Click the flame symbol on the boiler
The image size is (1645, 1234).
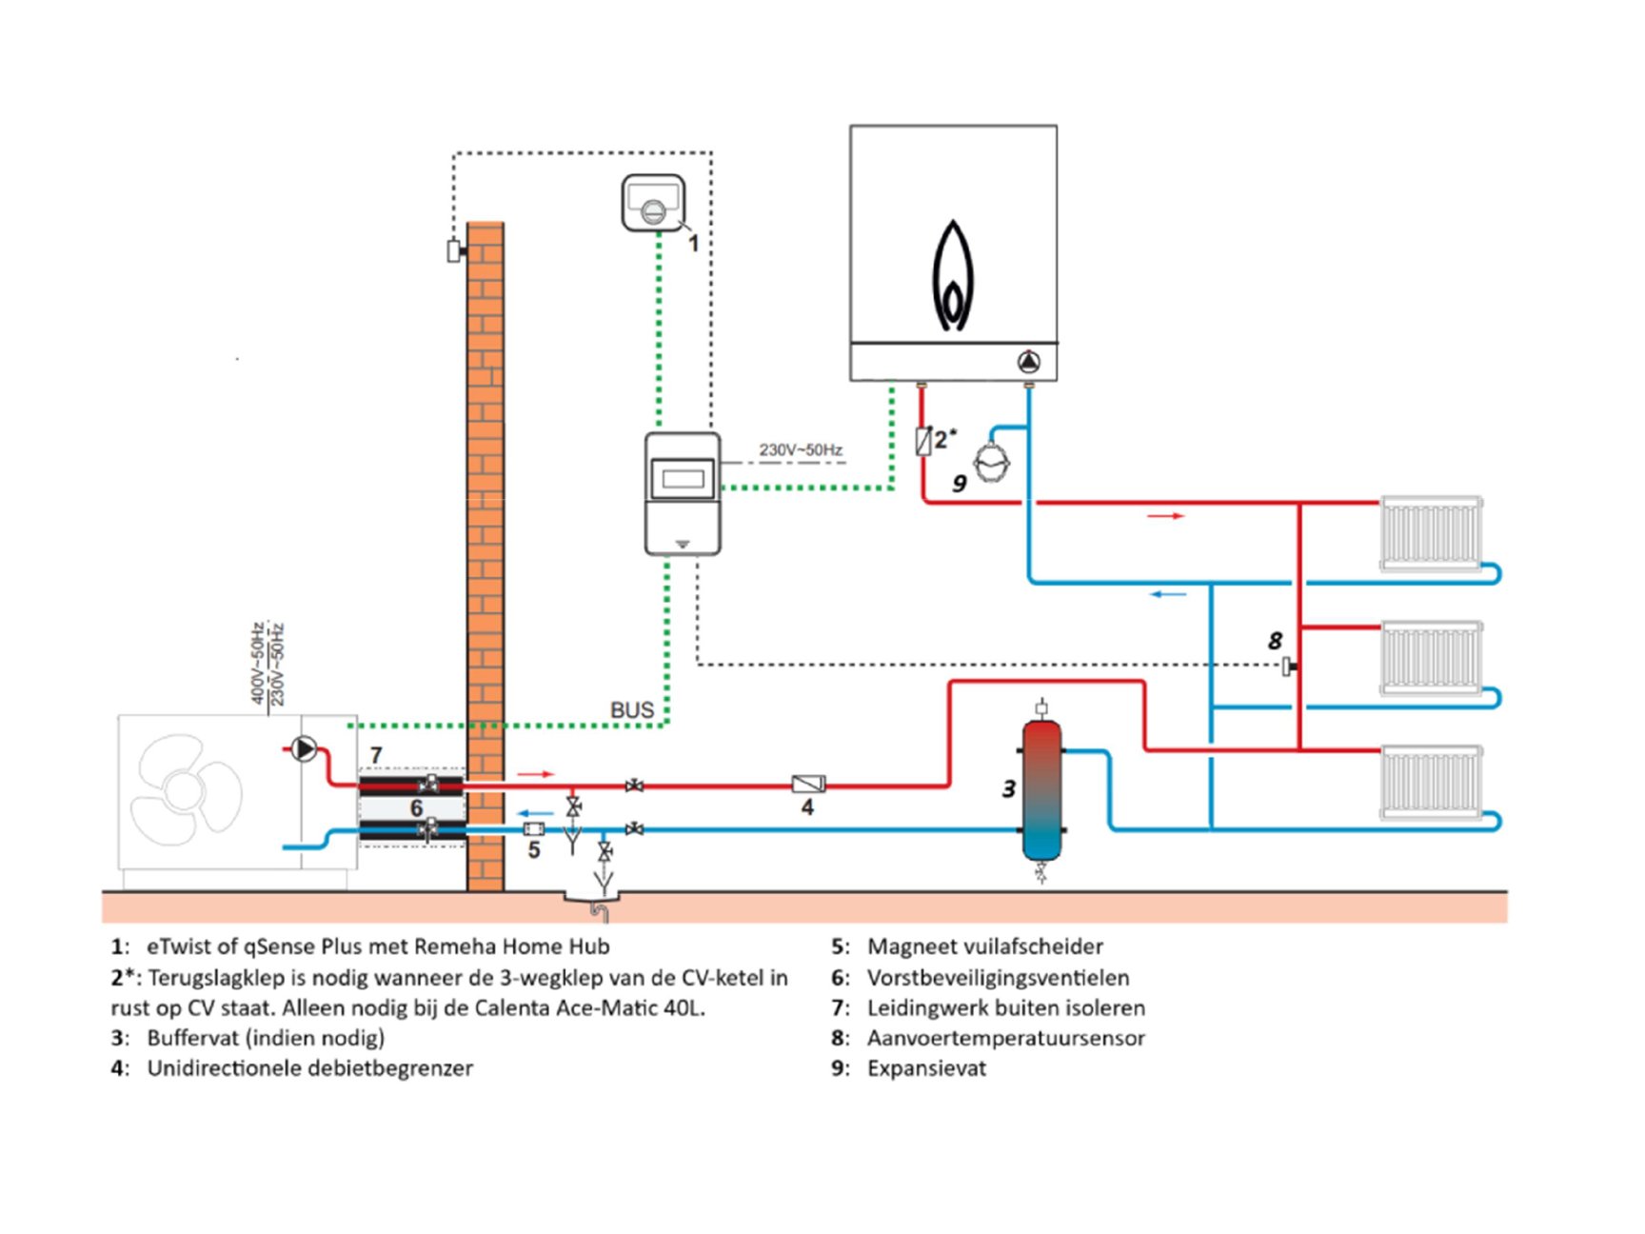coord(952,276)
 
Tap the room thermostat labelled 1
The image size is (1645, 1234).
coord(653,202)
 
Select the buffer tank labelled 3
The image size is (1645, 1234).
coord(1041,790)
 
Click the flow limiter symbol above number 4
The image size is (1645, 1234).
coord(808,785)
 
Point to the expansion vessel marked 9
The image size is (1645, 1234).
coord(992,462)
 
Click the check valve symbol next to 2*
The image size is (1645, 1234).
coord(922,441)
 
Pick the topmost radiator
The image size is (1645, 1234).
coord(1431,532)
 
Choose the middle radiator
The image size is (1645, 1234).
coord(1431,657)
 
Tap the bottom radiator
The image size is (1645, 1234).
coord(1431,782)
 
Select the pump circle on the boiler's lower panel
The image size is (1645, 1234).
coord(1029,362)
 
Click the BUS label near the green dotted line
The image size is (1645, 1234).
coord(632,710)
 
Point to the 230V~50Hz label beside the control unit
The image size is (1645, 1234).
coord(801,449)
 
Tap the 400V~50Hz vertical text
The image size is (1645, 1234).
coord(257,664)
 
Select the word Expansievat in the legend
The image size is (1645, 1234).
coord(926,1068)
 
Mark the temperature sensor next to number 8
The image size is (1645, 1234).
coord(1288,666)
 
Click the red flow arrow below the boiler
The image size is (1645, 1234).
coord(1165,516)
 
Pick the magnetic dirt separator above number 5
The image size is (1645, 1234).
coord(534,829)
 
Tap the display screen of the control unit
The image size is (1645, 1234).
coord(683,479)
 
